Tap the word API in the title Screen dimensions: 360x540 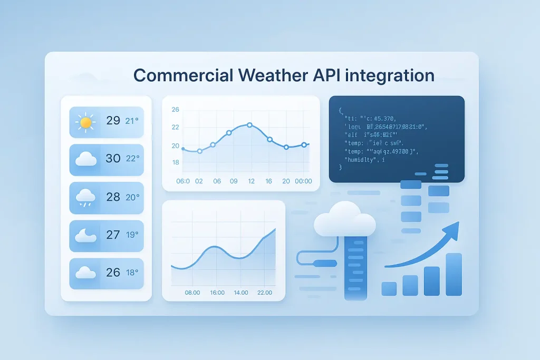[x=324, y=75]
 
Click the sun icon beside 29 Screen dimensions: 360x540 [x=85, y=122]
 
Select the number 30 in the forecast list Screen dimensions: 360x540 [x=113, y=158]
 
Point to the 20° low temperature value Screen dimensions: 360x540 [x=132, y=197]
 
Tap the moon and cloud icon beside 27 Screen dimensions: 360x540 [x=85, y=235]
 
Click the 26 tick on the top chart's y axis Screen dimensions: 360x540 [x=176, y=110]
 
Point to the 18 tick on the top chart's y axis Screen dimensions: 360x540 [x=176, y=162]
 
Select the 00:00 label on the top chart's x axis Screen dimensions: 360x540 [x=303, y=181]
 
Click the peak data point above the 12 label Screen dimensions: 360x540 [x=249, y=125]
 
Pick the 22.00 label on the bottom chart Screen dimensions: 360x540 [x=264, y=293]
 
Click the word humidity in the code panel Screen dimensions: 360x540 [x=362, y=159]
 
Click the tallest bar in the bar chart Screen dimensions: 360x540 [x=454, y=274]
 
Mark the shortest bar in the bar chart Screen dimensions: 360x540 [x=389, y=288]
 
